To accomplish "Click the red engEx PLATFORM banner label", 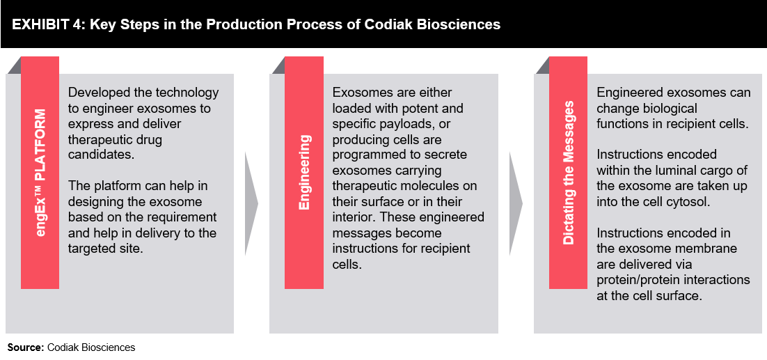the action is click(40, 173).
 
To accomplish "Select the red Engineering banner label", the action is click(304, 173).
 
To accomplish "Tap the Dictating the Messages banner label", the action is click(569, 173).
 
